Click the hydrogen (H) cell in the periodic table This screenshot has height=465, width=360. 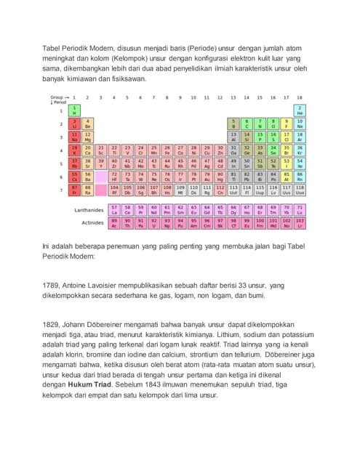[x=73, y=110]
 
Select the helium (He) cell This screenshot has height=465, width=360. [x=300, y=110]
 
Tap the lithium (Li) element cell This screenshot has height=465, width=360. [x=73, y=124]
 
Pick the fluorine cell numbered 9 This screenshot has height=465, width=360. [x=287, y=124]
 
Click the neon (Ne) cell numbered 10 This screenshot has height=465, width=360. [x=300, y=124]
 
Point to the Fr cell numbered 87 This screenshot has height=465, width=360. [x=73, y=190]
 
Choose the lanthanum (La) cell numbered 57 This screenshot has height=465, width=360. [x=114, y=209]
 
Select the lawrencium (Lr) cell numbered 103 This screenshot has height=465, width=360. [x=300, y=222]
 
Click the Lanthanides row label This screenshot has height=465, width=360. [x=88, y=210]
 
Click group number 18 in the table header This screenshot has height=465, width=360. [x=300, y=97]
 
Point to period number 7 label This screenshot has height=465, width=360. [x=61, y=190]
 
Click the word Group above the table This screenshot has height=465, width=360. [x=56, y=97]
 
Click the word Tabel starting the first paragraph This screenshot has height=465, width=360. [x=53, y=48]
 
